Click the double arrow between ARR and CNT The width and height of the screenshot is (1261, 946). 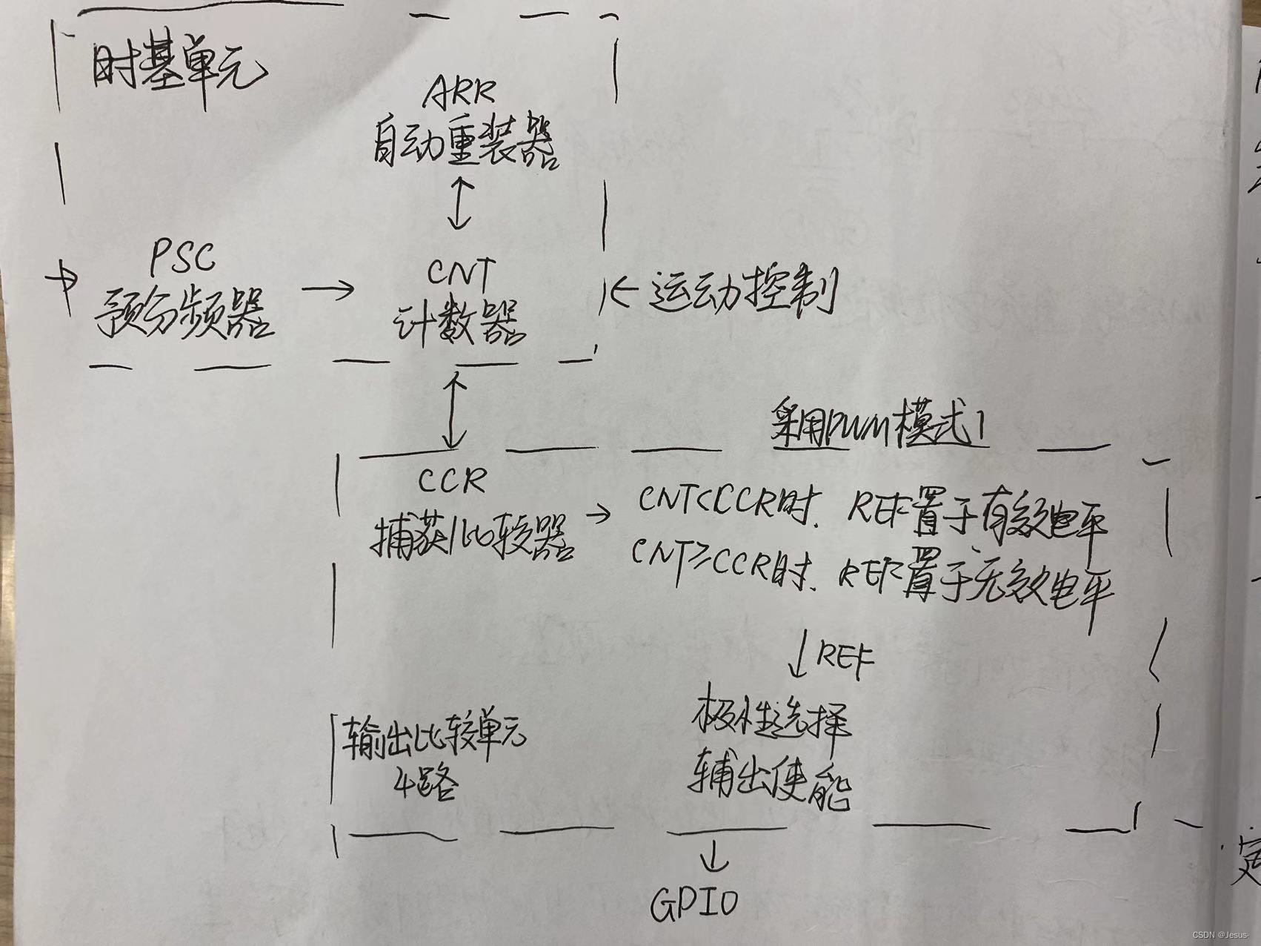462,202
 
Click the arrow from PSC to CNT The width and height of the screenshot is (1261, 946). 328,288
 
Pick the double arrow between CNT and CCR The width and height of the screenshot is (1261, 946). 453,411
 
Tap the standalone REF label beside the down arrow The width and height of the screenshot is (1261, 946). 845,655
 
